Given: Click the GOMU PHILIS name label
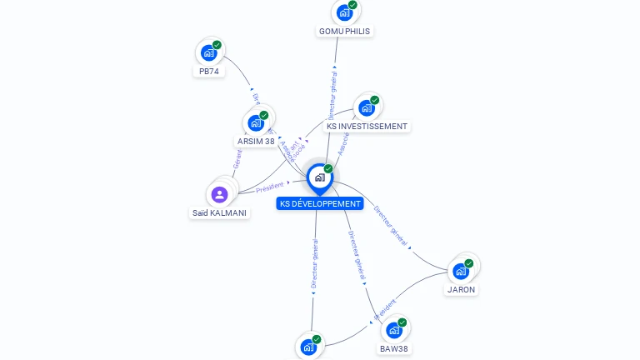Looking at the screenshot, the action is [344, 31].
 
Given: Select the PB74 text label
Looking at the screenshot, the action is [209, 72].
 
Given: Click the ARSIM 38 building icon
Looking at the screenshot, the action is [256, 123].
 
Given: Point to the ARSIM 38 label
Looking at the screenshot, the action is [256, 141].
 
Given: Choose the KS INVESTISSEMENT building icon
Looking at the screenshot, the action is [366, 108].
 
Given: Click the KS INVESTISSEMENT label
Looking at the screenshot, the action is [367, 127].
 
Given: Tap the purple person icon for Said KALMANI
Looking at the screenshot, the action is [220, 195].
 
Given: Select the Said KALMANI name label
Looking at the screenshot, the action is [220, 212].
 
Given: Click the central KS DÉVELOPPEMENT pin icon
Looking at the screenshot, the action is [319, 177].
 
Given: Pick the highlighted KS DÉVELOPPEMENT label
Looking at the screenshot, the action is [321, 203].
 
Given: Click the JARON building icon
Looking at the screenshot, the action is [460, 271].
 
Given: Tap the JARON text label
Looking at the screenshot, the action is [461, 290].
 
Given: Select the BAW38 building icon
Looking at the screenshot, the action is [394, 330].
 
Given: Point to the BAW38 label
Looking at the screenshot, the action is [394, 348].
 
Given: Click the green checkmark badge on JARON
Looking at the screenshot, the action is [469, 263].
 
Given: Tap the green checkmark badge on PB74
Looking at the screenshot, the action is [217, 45].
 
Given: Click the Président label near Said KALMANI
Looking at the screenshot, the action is [269, 187].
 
